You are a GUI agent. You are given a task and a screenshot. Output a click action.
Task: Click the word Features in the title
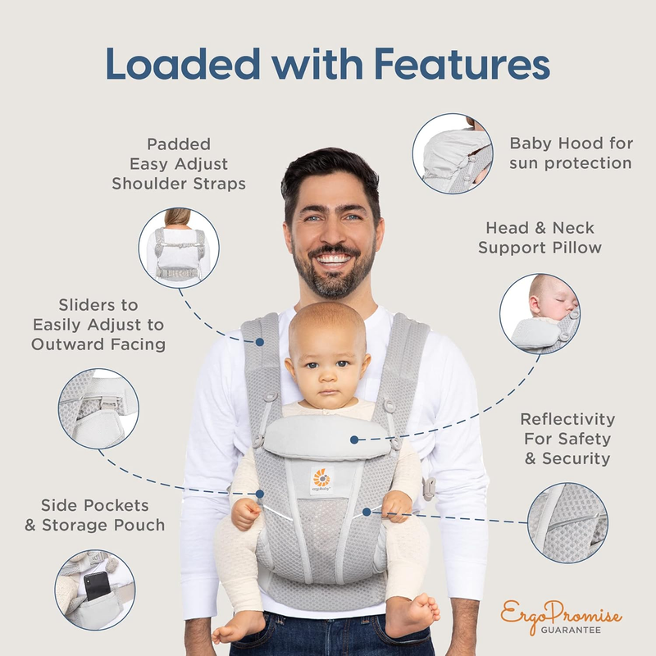(462, 64)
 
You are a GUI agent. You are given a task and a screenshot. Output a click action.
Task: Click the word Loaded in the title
(183, 64)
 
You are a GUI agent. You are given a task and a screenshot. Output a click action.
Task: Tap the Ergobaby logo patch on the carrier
(321, 481)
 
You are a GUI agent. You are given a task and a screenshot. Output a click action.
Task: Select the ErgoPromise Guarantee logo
(561, 617)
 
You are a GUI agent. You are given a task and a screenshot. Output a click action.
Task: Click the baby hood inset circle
(453, 153)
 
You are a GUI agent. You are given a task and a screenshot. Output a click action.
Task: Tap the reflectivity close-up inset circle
(567, 522)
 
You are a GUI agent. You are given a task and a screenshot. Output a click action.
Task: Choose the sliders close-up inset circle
(98, 408)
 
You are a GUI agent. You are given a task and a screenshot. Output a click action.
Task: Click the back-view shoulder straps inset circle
(179, 248)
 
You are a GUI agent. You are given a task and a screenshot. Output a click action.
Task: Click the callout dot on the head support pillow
(354, 440)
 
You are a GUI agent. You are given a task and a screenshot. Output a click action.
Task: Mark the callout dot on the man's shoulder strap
(259, 342)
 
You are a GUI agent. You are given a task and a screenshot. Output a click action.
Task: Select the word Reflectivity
(567, 419)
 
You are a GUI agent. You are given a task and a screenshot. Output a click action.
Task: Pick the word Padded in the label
(179, 144)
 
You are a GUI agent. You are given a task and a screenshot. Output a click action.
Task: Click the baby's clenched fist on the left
(245, 514)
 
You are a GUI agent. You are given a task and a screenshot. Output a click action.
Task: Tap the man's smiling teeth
(334, 258)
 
